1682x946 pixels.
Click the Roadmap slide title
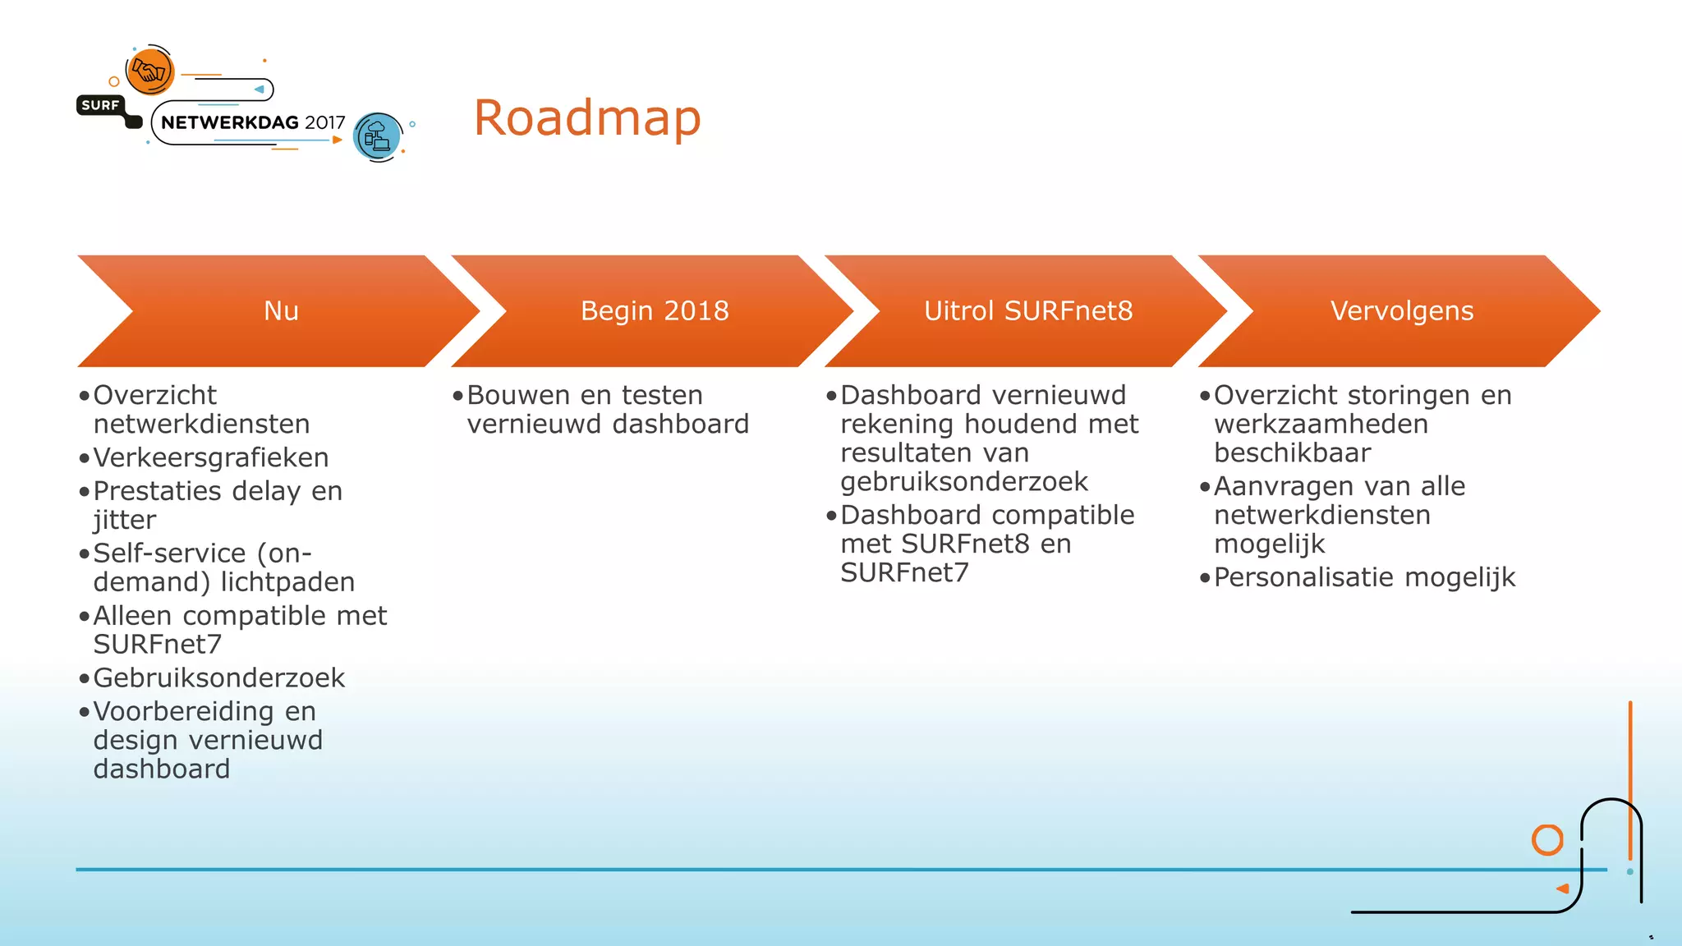(587, 118)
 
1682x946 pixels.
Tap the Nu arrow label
(281, 311)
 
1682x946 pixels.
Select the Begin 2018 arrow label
(655, 311)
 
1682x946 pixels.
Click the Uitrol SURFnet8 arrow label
(1028, 311)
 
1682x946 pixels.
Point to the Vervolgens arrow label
(1402, 311)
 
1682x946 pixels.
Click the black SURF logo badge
(100, 105)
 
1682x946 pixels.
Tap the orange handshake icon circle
(150, 71)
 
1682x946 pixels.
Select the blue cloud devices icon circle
(378, 136)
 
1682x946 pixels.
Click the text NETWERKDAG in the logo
(230, 123)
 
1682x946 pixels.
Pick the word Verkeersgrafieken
(211, 458)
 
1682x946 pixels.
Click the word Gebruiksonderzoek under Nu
(219, 678)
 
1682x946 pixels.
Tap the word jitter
(124, 521)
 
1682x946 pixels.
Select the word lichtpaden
(287, 582)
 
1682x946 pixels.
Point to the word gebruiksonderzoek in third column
(964, 482)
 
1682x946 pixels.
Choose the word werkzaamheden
(1321, 425)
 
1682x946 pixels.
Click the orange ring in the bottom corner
(1547, 840)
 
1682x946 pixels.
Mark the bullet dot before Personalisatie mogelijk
(1205, 578)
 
